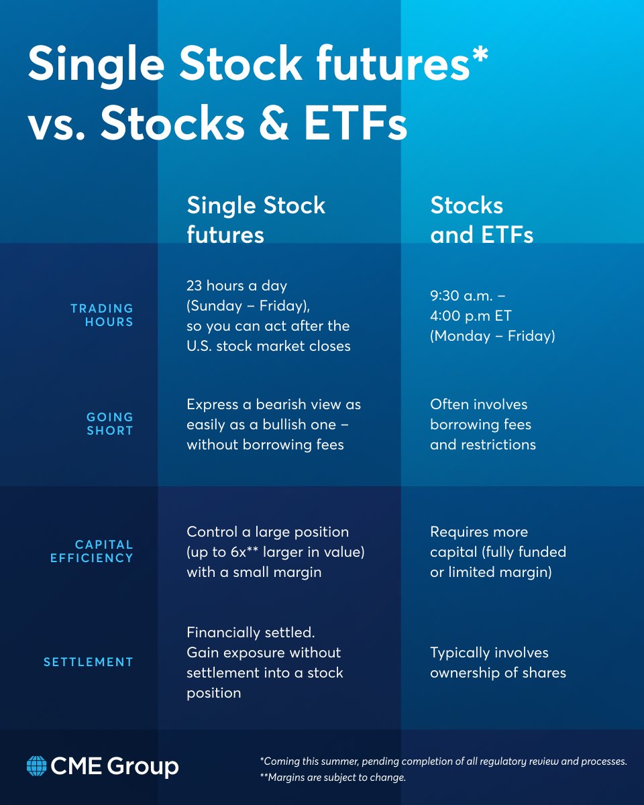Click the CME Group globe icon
(x=36, y=765)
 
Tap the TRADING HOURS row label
(x=102, y=315)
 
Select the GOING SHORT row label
(x=110, y=424)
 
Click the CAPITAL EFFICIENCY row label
(x=92, y=551)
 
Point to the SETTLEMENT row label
(x=89, y=662)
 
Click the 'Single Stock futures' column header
(x=256, y=219)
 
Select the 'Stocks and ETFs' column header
(x=482, y=219)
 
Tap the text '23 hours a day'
(x=236, y=286)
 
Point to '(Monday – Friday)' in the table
(x=492, y=336)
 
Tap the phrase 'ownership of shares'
(x=498, y=673)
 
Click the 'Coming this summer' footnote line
(x=443, y=761)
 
